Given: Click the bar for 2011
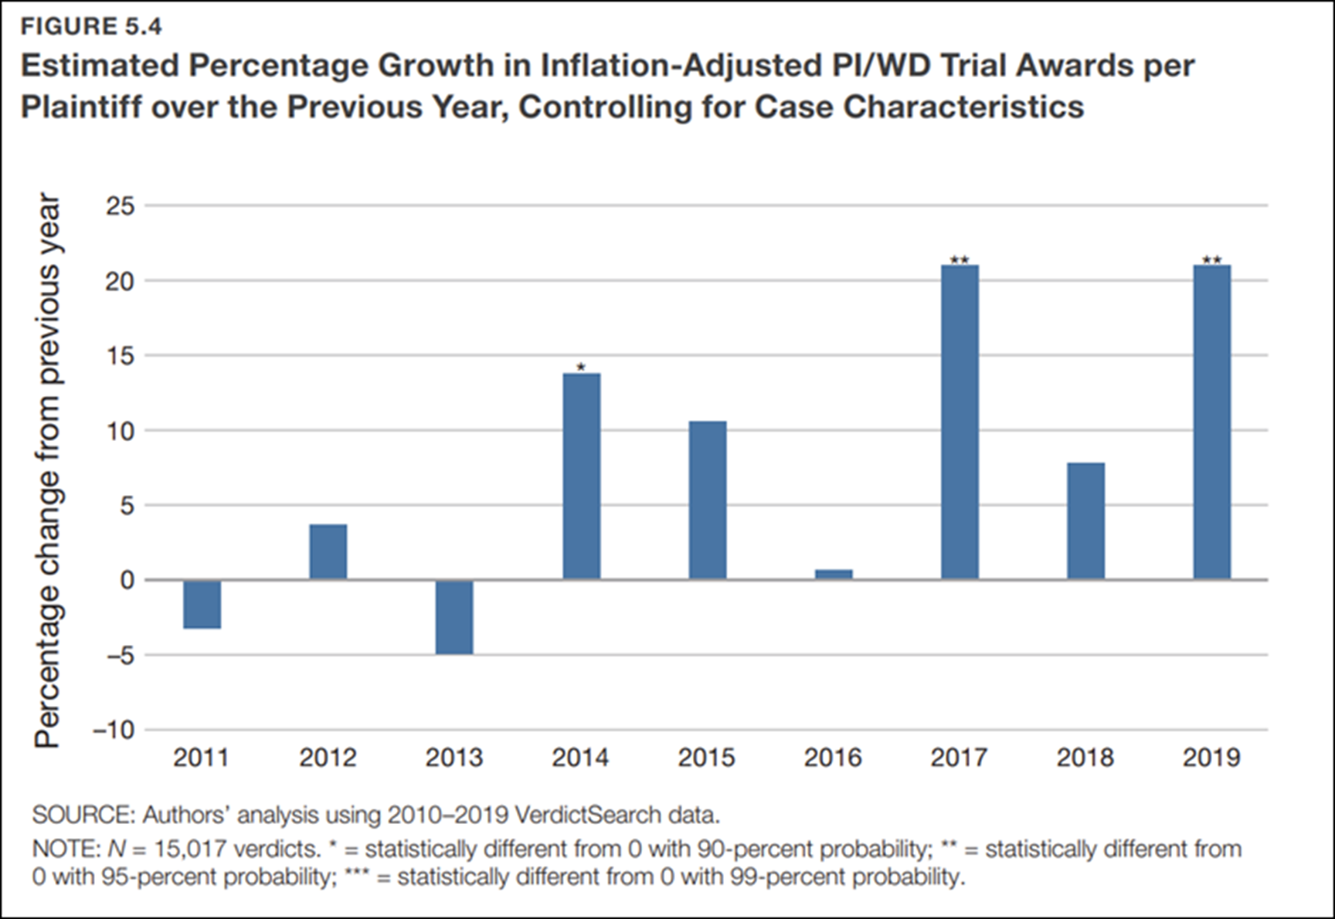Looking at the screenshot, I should [202, 604].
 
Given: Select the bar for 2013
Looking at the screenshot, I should [454, 617].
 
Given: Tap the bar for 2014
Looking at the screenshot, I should [581, 476].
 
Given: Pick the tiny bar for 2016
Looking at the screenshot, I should [834, 575].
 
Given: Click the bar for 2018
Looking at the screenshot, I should [1085, 521].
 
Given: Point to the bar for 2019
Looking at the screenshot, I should [1211, 422].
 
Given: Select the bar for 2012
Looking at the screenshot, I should [328, 552].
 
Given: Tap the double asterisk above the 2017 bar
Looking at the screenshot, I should [960, 260].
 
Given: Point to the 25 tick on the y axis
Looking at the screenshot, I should [120, 206].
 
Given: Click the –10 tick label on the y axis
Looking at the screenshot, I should [114, 730].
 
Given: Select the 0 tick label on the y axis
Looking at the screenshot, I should [127, 580].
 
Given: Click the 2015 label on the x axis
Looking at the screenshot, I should [706, 758].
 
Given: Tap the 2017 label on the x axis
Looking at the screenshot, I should [959, 758].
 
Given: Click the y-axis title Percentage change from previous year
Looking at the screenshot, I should [47, 470].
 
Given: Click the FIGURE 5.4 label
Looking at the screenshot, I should [91, 26].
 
